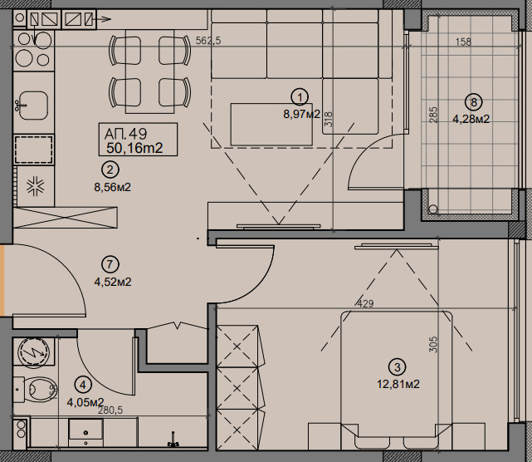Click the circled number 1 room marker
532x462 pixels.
[300, 97]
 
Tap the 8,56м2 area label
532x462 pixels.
[112, 187]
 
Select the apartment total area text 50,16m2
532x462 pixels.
[134, 148]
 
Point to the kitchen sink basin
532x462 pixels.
[33, 106]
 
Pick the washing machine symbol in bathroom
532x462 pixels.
[33, 352]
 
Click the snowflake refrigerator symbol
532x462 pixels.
[36, 186]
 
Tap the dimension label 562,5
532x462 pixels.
[208, 41]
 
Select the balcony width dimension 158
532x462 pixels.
[463, 42]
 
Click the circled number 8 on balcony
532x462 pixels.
[474, 102]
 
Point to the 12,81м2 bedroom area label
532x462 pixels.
[398, 384]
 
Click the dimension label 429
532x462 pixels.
[365, 303]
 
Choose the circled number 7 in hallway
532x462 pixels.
[110, 264]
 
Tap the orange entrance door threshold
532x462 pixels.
[2, 281]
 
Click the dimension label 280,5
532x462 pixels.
[110, 410]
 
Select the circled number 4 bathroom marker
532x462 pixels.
[83, 385]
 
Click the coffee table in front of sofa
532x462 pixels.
[271, 125]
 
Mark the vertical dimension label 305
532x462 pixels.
[433, 344]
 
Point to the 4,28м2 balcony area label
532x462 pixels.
[471, 119]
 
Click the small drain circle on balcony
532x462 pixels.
[433, 209]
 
